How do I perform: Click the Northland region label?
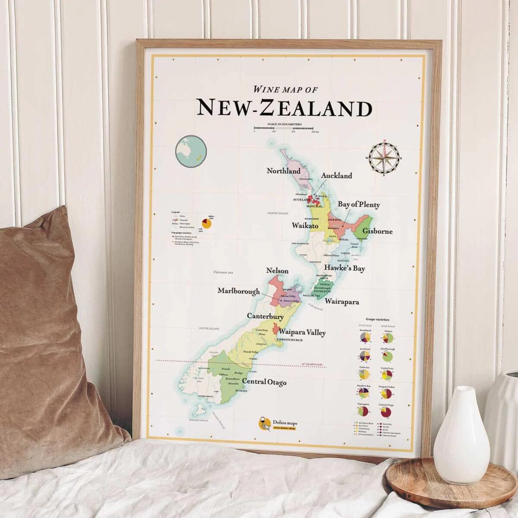point(283,171)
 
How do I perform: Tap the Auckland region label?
point(336,176)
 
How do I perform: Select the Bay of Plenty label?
point(358,205)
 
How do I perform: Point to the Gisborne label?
point(377,231)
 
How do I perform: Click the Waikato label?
point(305,226)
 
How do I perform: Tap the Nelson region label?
point(277,271)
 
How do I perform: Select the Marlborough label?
point(238,291)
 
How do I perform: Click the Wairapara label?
point(342,302)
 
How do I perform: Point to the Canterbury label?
point(265,316)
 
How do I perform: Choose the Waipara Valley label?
point(302,332)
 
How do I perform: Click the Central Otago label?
point(264,382)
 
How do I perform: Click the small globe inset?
point(191,151)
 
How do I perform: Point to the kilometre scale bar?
point(284,128)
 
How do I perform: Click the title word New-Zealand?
point(284,107)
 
